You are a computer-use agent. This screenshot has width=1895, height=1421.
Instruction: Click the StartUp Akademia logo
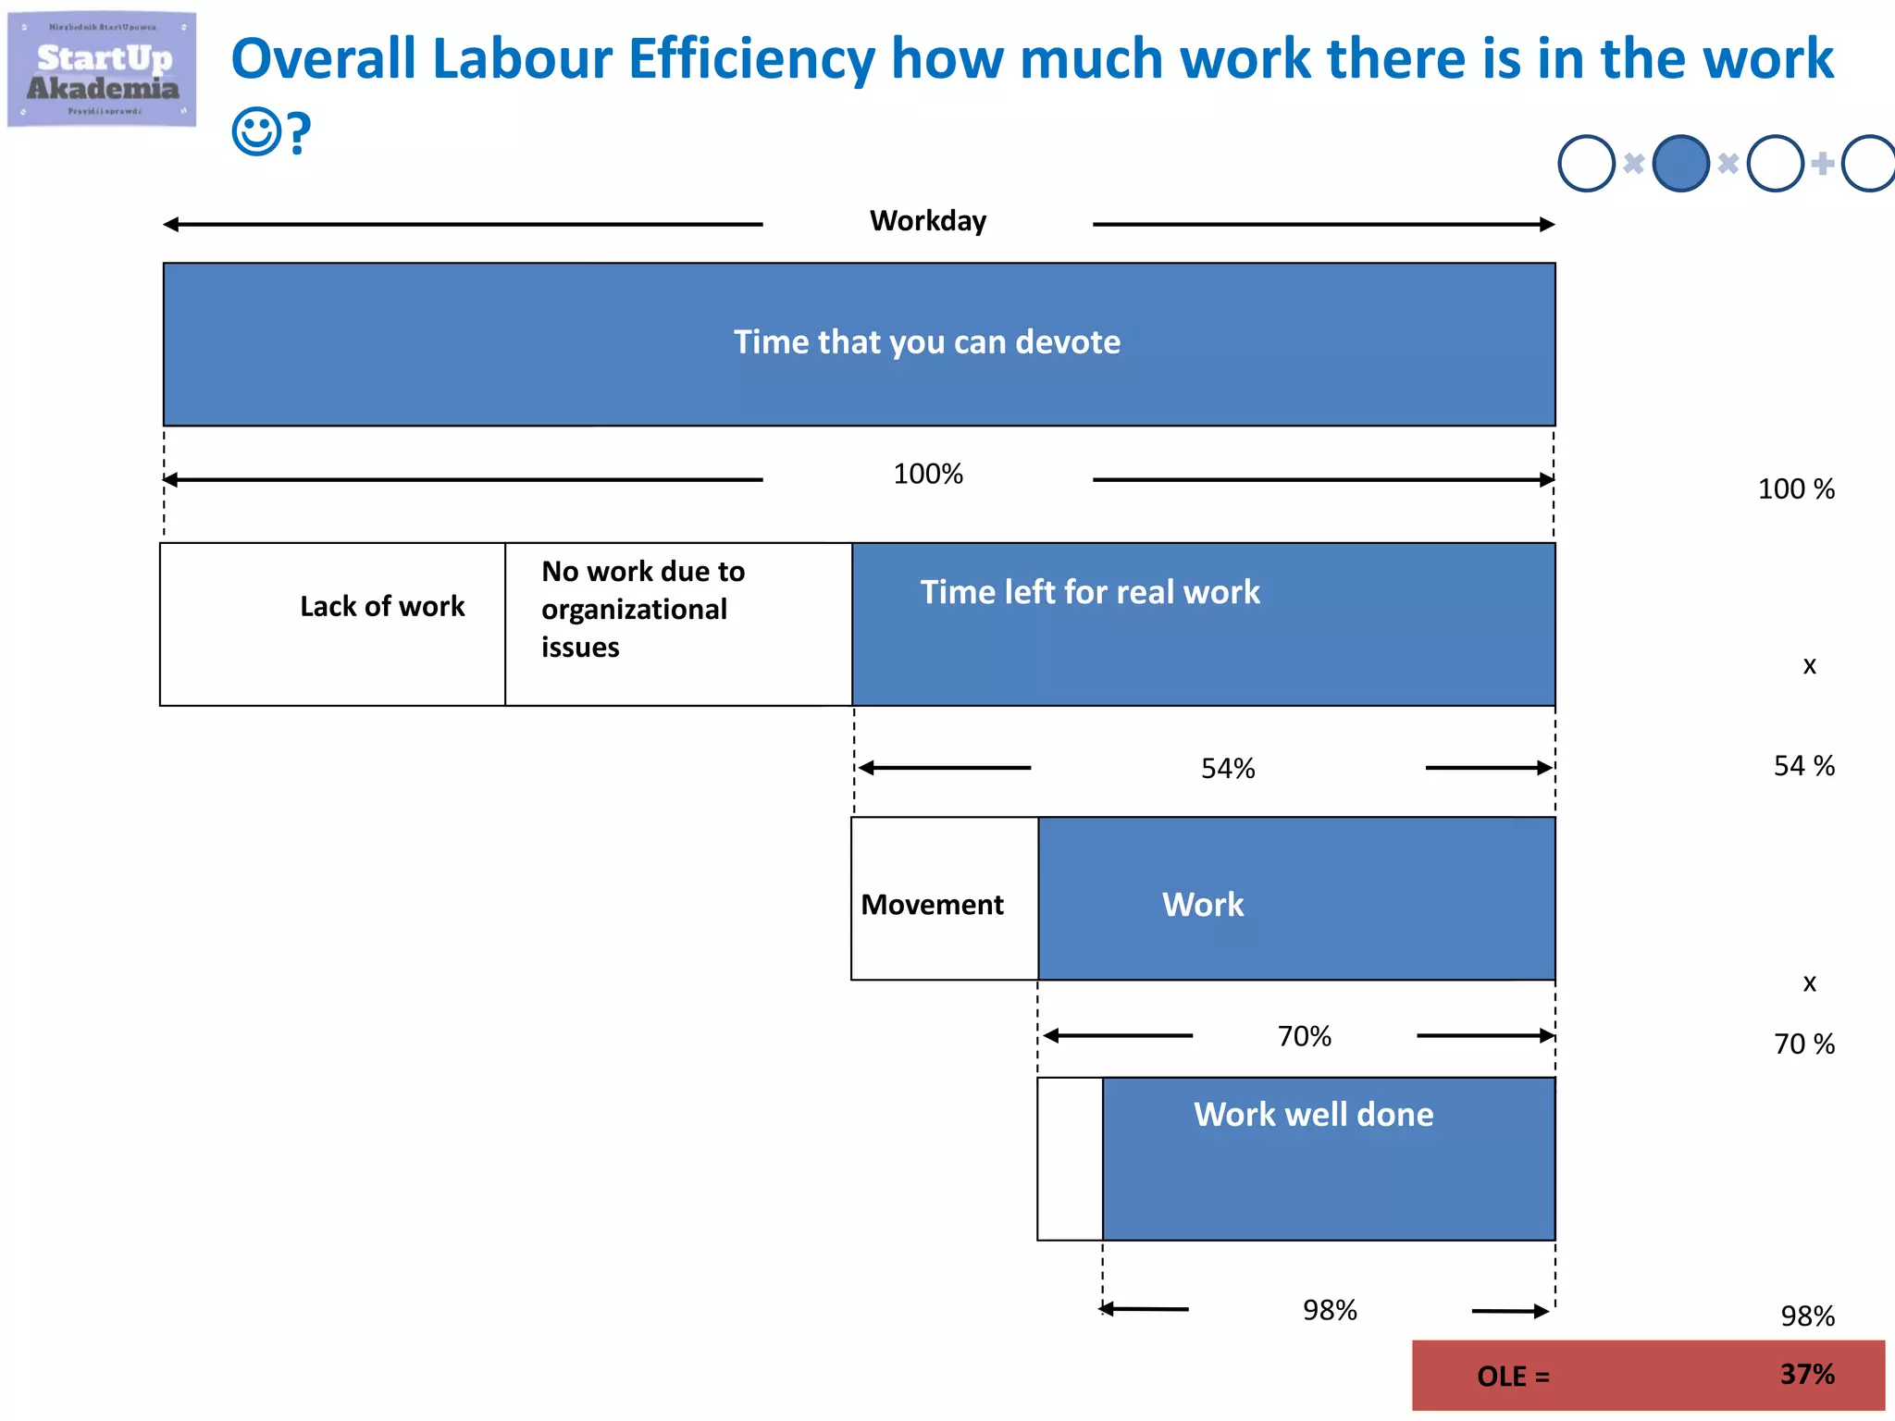point(102,70)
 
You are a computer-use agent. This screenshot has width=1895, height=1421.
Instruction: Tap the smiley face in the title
point(255,132)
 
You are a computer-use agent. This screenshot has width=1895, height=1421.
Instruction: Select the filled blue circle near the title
point(1680,164)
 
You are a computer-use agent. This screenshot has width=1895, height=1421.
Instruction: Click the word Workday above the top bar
point(927,221)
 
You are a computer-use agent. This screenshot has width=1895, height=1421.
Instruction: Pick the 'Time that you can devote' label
point(926,342)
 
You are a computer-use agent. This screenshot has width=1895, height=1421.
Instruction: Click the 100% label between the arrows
point(927,475)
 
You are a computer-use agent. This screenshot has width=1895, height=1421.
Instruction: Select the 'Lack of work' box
point(333,624)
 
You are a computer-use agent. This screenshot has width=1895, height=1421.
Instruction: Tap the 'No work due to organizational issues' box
point(677,624)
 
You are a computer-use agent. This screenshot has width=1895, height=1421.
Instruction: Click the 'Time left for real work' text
point(1089,592)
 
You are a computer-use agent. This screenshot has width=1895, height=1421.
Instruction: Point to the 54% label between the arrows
point(1228,769)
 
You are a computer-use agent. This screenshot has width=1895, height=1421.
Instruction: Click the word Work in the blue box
point(1202,905)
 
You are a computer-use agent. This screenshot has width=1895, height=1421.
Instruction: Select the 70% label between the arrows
point(1304,1036)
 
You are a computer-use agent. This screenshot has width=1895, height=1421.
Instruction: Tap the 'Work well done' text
point(1313,1115)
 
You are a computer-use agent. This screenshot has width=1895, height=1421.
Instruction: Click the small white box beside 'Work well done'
point(1070,1158)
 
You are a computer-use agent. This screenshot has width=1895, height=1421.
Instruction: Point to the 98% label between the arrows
point(1330,1310)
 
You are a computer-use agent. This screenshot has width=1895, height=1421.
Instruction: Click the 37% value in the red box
point(1806,1374)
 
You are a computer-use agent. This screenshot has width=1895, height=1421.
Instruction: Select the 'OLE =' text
point(1513,1377)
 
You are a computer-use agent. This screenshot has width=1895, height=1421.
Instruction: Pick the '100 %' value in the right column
point(1795,489)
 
